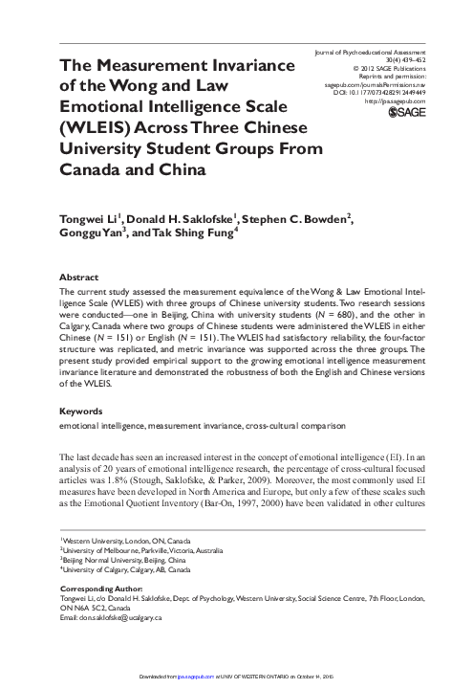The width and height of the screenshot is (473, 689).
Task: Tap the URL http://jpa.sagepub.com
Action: click(395, 100)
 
